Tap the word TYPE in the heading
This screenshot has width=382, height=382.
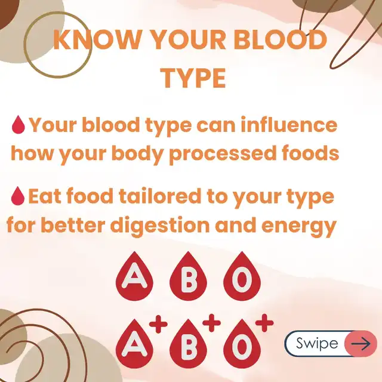click(x=194, y=78)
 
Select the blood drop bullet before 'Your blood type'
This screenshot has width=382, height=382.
click(x=19, y=125)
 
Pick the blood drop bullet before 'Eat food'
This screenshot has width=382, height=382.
click(x=18, y=196)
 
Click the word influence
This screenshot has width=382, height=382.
click(x=289, y=125)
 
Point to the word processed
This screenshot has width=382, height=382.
click(x=223, y=154)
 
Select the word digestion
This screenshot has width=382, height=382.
click(x=160, y=226)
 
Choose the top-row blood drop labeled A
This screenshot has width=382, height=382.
click(x=134, y=276)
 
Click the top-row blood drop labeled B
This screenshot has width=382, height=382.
click(x=189, y=276)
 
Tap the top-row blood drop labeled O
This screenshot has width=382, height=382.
click(x=242, y=276)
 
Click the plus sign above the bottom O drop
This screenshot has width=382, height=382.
click(x=264, y=323)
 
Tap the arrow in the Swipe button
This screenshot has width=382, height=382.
click(x=361, y=344)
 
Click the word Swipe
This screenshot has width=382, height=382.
click(x=317, y=344)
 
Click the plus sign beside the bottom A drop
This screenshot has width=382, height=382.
click(x=158, y=324)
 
